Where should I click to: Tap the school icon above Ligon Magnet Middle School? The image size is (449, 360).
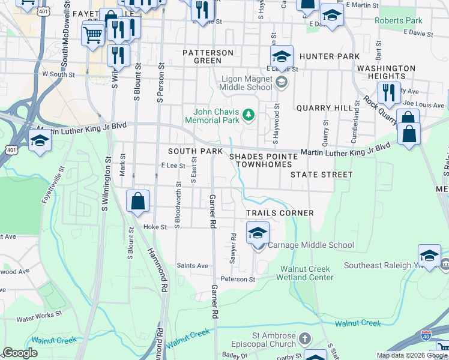click(x=281, y=57)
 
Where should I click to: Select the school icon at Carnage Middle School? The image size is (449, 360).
click(x=258, y=233)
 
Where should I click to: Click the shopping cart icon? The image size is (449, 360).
click(x=92, y=34)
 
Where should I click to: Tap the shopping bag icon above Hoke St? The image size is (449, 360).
click(x=138, y=202)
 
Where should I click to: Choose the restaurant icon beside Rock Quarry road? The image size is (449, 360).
click(x=389, y=93)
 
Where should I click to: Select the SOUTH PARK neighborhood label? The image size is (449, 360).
click(x=195, y=151)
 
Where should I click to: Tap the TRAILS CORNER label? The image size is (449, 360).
click(x=280, y=213)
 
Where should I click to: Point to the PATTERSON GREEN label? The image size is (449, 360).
click(x=208, y=56)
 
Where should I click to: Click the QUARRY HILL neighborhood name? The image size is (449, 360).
click(x=322, y=108)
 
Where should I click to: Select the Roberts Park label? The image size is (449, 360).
click(x=398, y=20)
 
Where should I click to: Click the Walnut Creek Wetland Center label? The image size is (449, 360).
click(x=305, y=273)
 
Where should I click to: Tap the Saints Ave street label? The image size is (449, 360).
click(x=192, y=265)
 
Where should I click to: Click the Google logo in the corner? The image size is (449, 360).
click(x=20, y=353)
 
